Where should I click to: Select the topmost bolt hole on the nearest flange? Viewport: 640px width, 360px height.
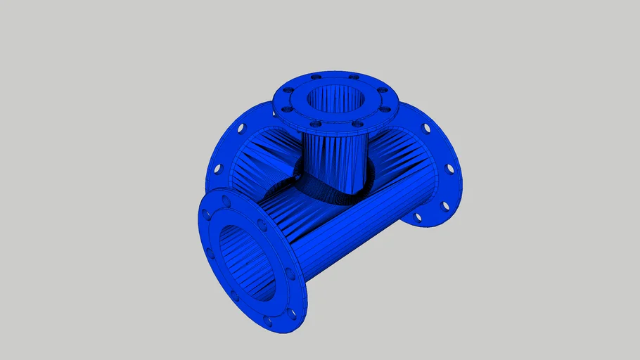pyautogui.click(x=226, y=202)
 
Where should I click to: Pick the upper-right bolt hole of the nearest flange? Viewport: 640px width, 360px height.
pyautogui.click(x=262, y=226)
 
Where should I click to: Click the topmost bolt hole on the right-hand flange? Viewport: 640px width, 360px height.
pyautogui.click(x=426, y=128)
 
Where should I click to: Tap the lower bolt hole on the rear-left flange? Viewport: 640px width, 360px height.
pyautogui.click(x=217, y=169)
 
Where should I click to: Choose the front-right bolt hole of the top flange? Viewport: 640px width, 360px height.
pyautogui.click(x=357, y=124)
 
